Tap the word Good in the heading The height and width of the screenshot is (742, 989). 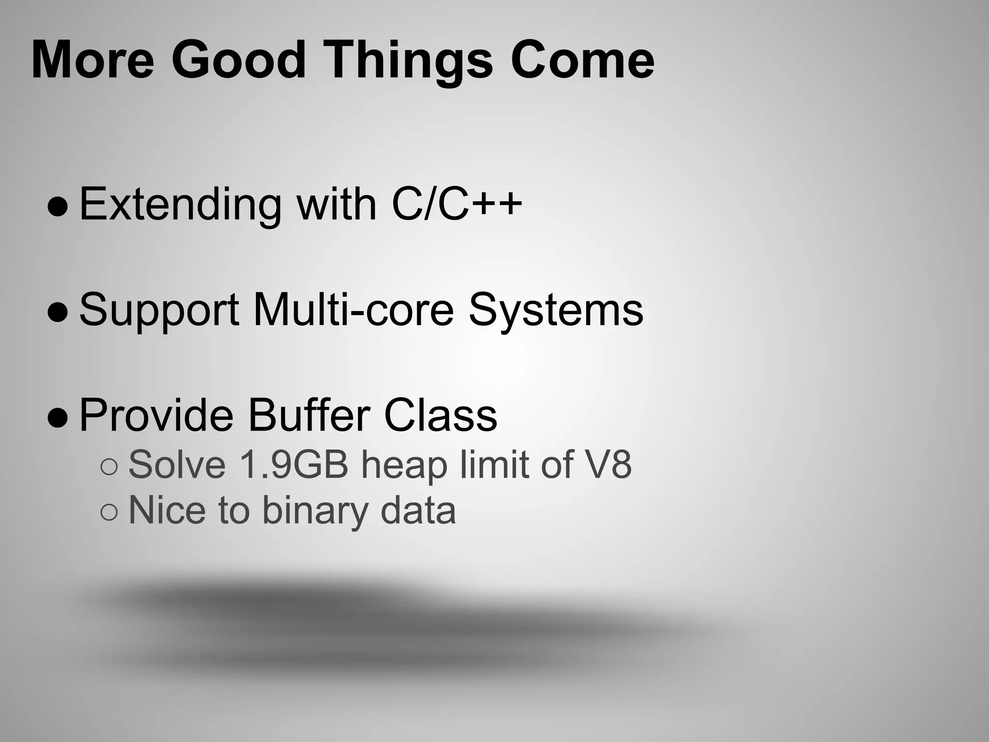click(x=239, y=60)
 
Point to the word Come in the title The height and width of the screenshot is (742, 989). click(x=582, y=60)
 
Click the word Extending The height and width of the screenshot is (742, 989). click(x=180, y=205)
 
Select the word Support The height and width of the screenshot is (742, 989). click(x=159, y=311)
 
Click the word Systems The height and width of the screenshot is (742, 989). click(x=556, y=311)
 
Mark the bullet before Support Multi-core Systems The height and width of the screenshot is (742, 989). click(x=58, y=313)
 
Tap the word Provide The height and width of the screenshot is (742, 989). click(x=156, y=415)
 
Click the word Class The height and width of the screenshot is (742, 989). click(x=440, y=415)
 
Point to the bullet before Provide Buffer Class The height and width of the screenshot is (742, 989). click(x=58, y=418)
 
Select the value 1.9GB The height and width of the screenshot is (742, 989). click(x=294, y=465)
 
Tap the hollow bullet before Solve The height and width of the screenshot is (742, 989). click(x=109, y=467)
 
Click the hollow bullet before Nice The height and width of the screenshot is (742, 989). click(x=109, y=513)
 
